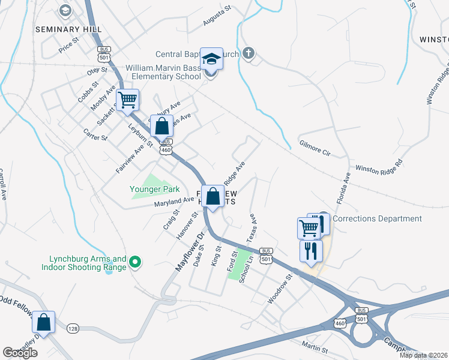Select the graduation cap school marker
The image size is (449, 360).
coord(211,59)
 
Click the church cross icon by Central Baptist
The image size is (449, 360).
coord(248,53)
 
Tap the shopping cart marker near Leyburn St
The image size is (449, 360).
coord(128,100)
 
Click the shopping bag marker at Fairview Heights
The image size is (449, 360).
coord(213,196)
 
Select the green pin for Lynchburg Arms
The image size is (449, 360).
coord(135,262)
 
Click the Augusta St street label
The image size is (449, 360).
coord(217,17)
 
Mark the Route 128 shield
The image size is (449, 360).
coord(73,328)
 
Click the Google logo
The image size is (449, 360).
coord(20,353)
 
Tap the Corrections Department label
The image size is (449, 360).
coord(376,219)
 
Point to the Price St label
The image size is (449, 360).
coord(68,46)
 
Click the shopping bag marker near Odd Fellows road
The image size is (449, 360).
coord(44,322)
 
